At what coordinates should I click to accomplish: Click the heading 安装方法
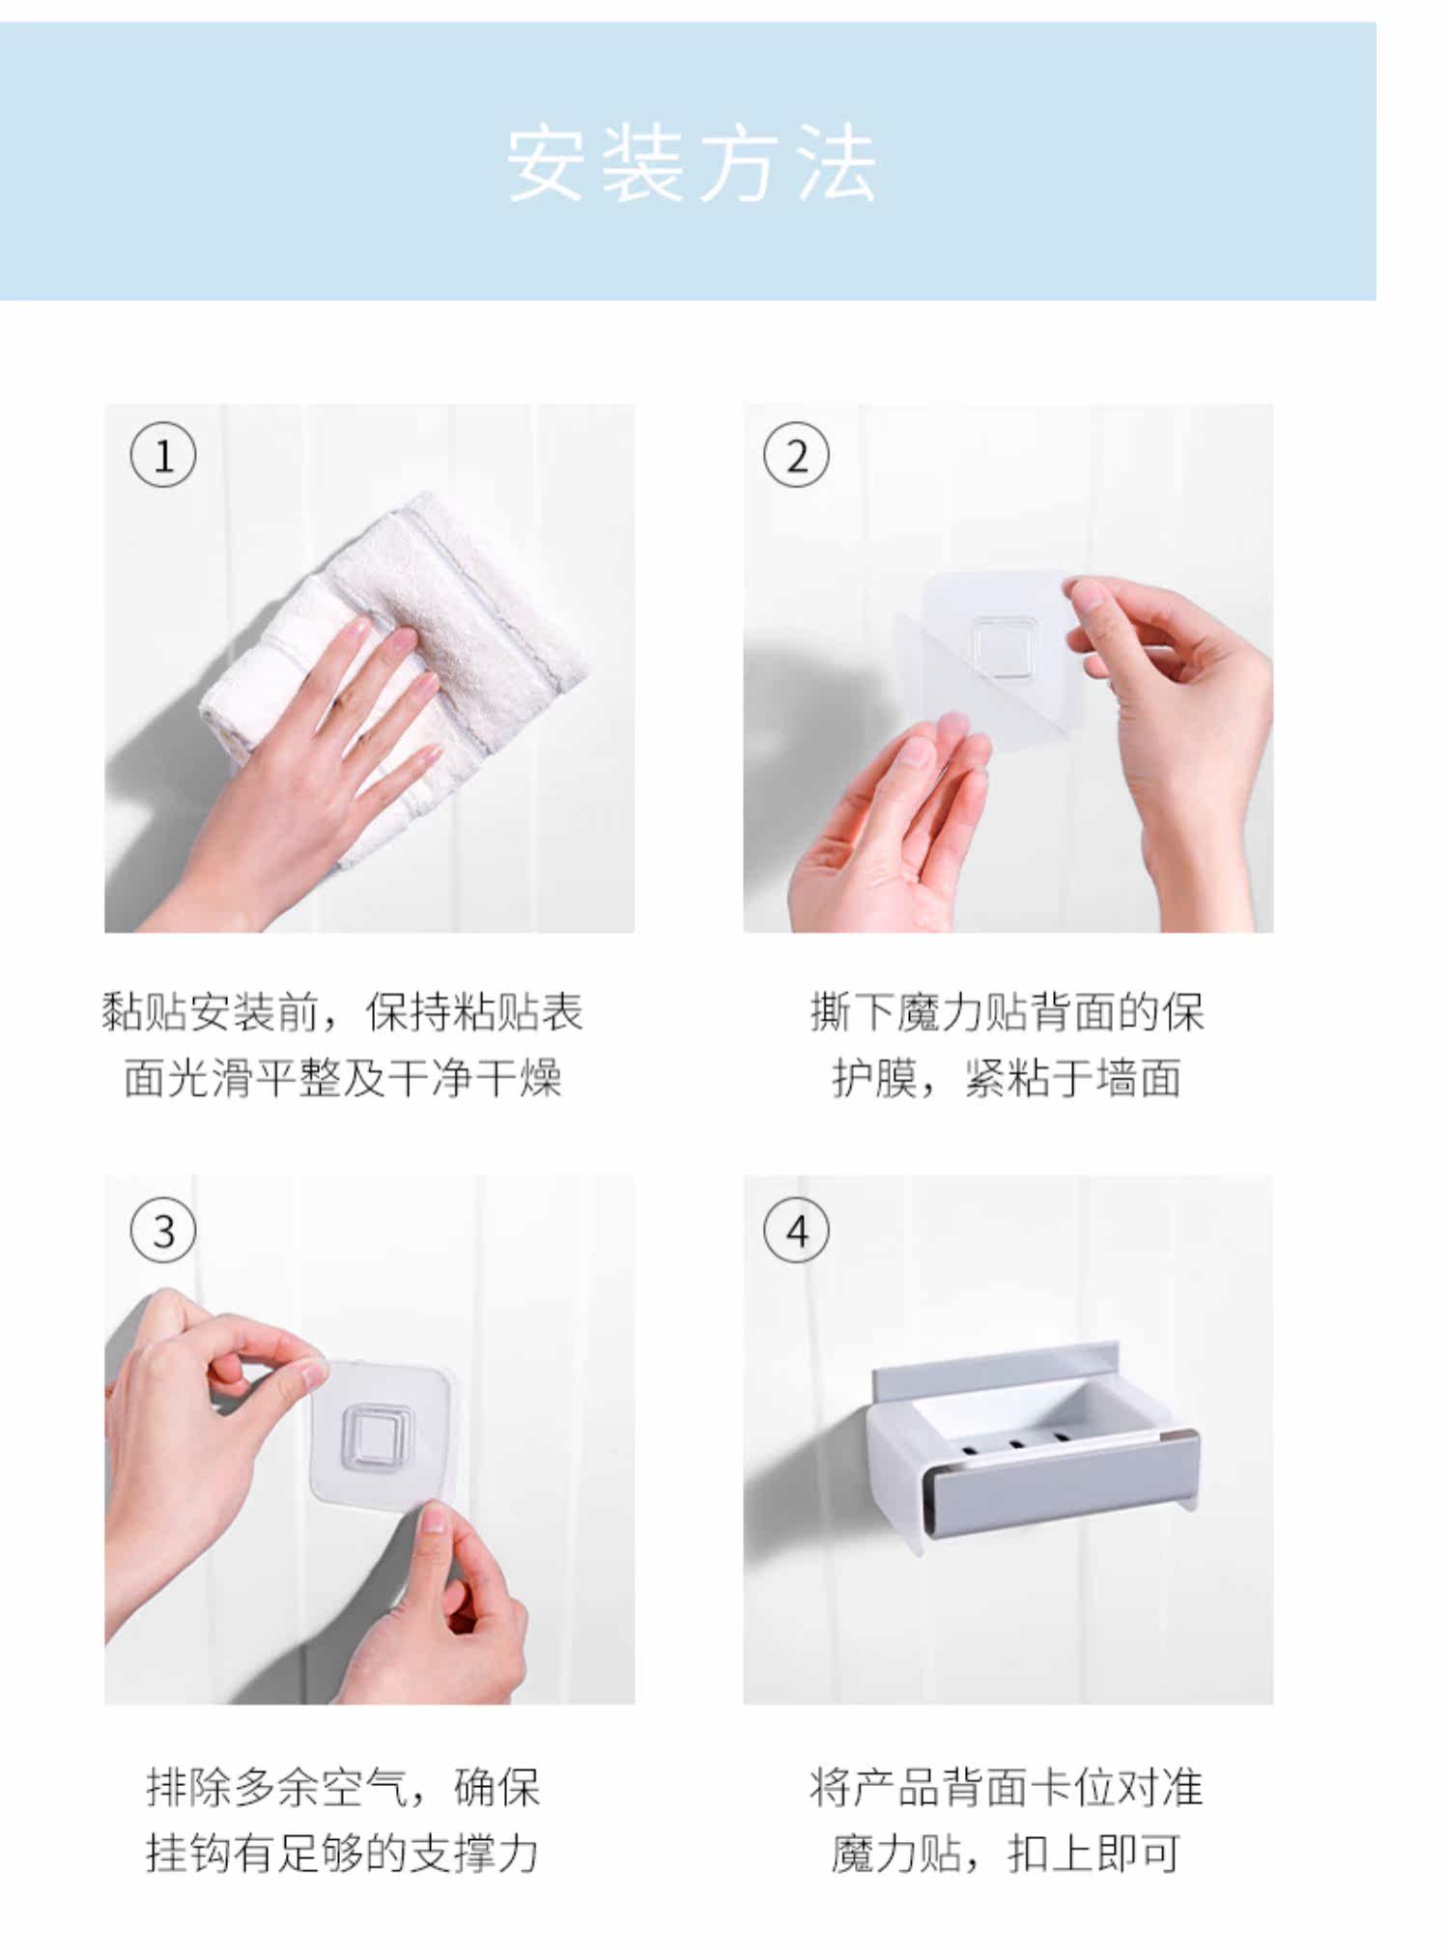click(x=692, y=163)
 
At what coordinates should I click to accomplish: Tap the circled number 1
click(x=163, y=455)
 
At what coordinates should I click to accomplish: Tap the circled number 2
click(x=796, y=455)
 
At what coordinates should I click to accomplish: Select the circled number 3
click(x=163, y=1231)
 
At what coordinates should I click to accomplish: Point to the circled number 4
click(x=796, y=1231)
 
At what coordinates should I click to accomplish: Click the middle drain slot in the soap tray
click(x=1015, y=1444)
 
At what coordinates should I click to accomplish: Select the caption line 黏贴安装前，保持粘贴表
click(x=343, y=1012)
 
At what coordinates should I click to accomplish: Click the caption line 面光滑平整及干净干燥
click(x=343, y=1078)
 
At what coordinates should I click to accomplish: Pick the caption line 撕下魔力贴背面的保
click(x=1008, y=1012)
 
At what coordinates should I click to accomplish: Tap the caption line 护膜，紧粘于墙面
click(x=1008, y=1078)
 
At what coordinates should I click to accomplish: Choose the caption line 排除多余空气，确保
click(x=343, y=1787)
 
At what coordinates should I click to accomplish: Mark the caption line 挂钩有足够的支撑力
click(x=343, y=1853)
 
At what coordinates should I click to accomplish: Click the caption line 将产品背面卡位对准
click(x=1008, y=1787)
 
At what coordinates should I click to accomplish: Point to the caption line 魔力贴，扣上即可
click(x=1008, y=1853)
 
